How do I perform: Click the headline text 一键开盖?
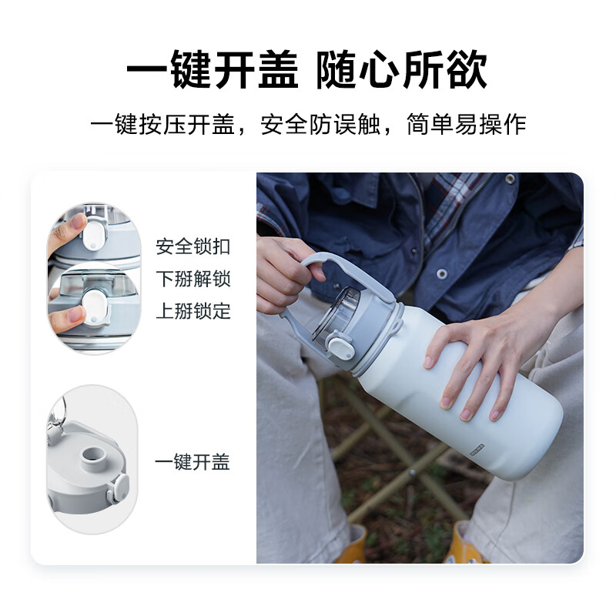(213, 69)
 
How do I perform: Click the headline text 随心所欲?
(402, 69)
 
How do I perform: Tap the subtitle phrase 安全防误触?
(320, 124)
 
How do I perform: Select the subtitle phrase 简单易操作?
(467, 124)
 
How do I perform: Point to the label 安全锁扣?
(193, 246)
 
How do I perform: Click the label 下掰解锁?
(193, 279)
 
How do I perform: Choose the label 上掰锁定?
(193, 311)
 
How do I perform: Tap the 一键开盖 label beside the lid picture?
(192, 462)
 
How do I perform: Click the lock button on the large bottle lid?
(341, 346)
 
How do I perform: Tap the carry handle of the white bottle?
(346, 275)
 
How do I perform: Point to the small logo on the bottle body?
(477, 450)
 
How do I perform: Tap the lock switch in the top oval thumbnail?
(94, 236)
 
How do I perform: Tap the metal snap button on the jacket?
(442, 273)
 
